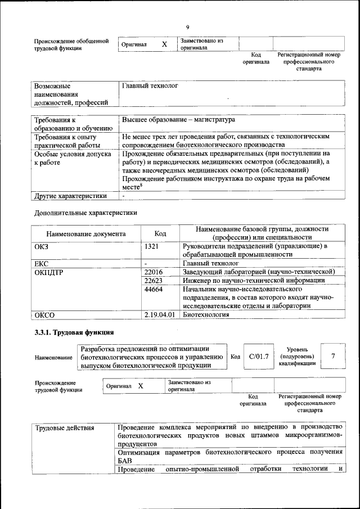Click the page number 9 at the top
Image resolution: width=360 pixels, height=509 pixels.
[187, 26]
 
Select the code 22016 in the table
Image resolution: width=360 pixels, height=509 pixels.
[154, 272]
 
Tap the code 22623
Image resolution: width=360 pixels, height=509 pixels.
[154, 280]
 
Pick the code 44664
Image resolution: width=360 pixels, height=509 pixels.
[154, 289]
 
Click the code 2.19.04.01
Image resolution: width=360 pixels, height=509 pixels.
[160, 314]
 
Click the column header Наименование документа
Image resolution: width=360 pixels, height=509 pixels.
[86, 233]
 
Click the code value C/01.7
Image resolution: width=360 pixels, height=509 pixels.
[259, 356]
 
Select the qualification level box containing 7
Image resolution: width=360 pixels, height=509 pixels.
[334, 356]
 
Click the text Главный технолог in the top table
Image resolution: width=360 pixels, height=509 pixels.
[150, 87]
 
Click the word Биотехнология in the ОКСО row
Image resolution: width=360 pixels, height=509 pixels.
[206, 314]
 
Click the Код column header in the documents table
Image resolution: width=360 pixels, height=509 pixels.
[160, 233]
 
